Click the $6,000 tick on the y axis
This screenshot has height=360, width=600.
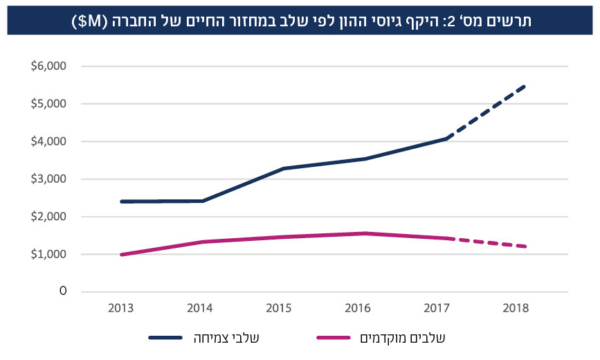[x=48, y=66]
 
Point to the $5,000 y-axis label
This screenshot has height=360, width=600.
[x=48, y=104]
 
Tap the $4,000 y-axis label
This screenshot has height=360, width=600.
[x=48, y=141]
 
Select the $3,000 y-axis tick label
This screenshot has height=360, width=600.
[x=48, y=179]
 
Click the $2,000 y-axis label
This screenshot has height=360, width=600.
[x=48, y=217]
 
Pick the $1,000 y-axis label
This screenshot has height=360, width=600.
[x=48, y=254]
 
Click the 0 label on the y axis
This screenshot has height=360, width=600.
[x=63, y=291]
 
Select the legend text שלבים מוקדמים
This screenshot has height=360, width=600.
[x=403, y=338]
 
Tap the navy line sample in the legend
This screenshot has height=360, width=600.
[x=165, y=338]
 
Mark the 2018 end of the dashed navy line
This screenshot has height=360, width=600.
[x=525, y=87]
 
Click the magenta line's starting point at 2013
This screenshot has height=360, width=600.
[x=122, y=255]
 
